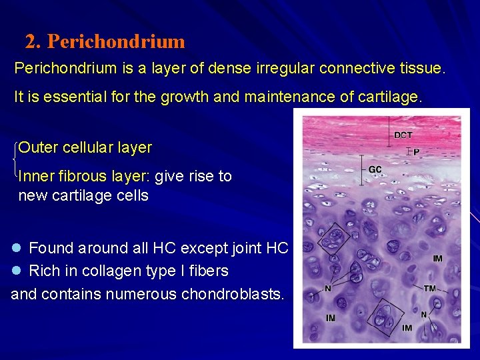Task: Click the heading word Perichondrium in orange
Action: (116, 42)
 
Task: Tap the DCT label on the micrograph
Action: (403, 135)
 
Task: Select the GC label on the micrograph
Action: (375, 169)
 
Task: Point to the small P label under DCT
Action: (416, 153)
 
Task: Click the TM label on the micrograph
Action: (430, 288)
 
